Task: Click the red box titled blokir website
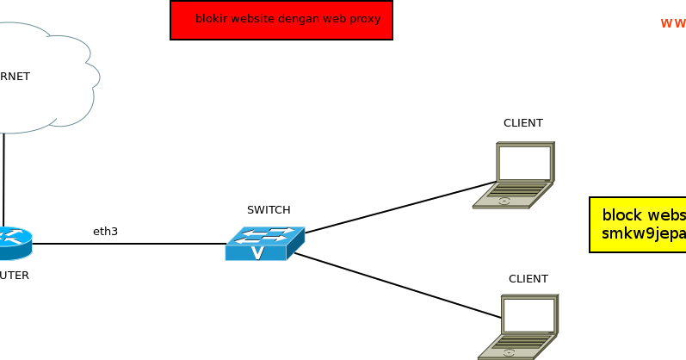pyautogui.click(x=281, y=20)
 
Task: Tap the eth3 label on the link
pyautogui.click(x=105, y=231)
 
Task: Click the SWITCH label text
pyautogui.click(x=269, y=209)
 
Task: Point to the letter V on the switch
pyautogui.click(x=256, y=252)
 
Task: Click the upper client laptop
pyautogui.click(x=515, y=176)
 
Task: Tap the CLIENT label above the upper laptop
pyautogui.click(x=523, y=123)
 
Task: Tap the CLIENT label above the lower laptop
pyautogui.click(x=528, y=278)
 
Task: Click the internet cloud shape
pyautogui.click(x=43, y=78)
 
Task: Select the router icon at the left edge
pyautogui.click(x=13, y=243)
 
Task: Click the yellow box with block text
pyautogui.click(x=638, y=225)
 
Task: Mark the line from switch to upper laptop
pyautogui.click(x=400, y=208)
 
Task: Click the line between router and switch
pyautogui.click(x=129, y=244)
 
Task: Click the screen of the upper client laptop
pyautogui.click(x=524, y=162)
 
